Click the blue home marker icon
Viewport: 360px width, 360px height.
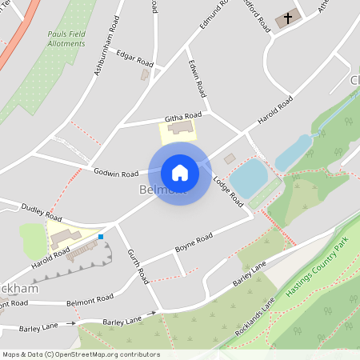tap(180, 172)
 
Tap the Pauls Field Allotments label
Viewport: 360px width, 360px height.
tap(66, 38)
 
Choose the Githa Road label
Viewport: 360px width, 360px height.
tap(179, 118)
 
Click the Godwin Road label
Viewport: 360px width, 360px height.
tap(116, 172)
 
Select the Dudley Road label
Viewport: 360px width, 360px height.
tap(42, 211)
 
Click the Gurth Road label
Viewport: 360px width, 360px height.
tap(138, 266)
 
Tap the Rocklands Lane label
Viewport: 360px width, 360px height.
tap(255, 317)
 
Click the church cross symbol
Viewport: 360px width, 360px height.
tap(287, 17)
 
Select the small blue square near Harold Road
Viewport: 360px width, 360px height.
tap(101, 236)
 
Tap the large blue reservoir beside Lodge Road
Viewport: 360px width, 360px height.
tap(249, 177)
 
